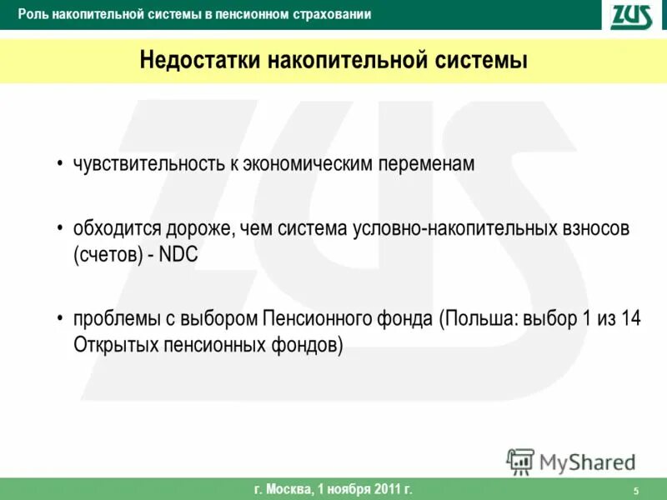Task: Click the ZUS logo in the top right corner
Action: pos(631,15)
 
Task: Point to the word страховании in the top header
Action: pos(332,15)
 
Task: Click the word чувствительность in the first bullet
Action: pos(149,164)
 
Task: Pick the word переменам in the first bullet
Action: pos(432,164)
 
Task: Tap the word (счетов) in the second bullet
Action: pos(108,256)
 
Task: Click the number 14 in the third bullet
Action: pos(630,321)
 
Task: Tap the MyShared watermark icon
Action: pos(520,461)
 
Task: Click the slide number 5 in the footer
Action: pos(636,490)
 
